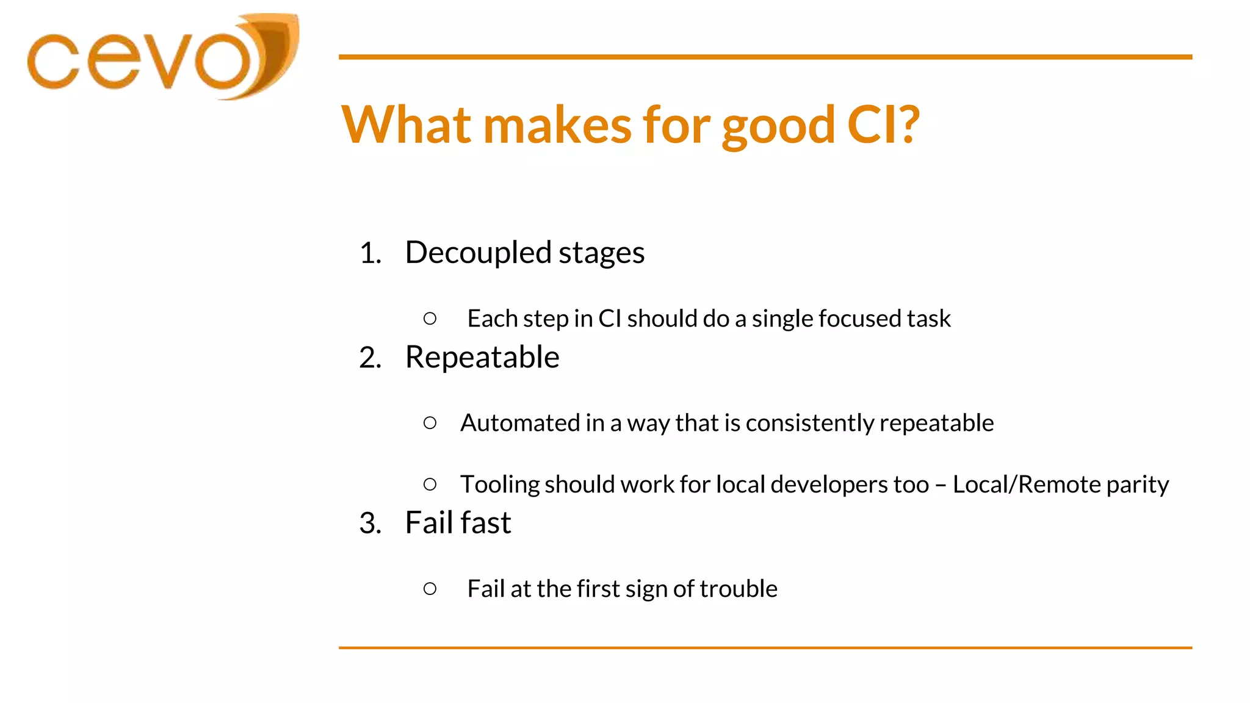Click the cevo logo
click(162, 58)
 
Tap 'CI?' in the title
click(883, 125)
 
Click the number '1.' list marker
click(370, 253)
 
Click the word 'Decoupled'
click(478, 253)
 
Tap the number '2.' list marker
click(370, 358)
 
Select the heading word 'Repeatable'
click(482, 358)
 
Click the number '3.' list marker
click(370, 523)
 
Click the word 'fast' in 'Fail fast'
click(485, 523)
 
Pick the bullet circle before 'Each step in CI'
click(430, 319)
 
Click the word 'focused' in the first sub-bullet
click(859, 319)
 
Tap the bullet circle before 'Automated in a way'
click(430, 423)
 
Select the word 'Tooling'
click(500, 485)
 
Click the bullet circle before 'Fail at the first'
click(430, 589)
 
